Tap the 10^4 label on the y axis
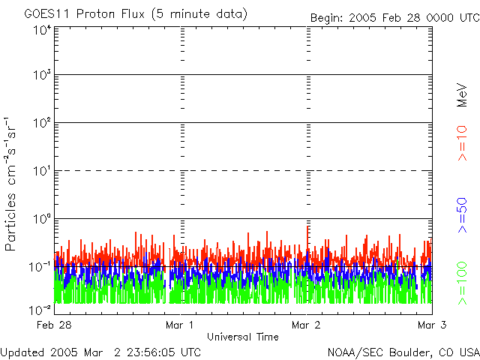pos(42,30)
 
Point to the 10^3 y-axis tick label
pos(42,76)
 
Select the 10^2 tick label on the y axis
pos(42,123)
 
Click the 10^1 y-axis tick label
pos(42,171)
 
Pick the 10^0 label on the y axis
pos(42,219)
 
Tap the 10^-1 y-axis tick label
pos(42,267)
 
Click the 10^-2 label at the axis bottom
pos(42,308)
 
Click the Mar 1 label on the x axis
pos(180,325)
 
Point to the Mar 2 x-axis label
pos(306,325)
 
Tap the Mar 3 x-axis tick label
pos(432,325)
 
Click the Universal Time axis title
pos(242,337)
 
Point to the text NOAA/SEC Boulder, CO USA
pos(403,352)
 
